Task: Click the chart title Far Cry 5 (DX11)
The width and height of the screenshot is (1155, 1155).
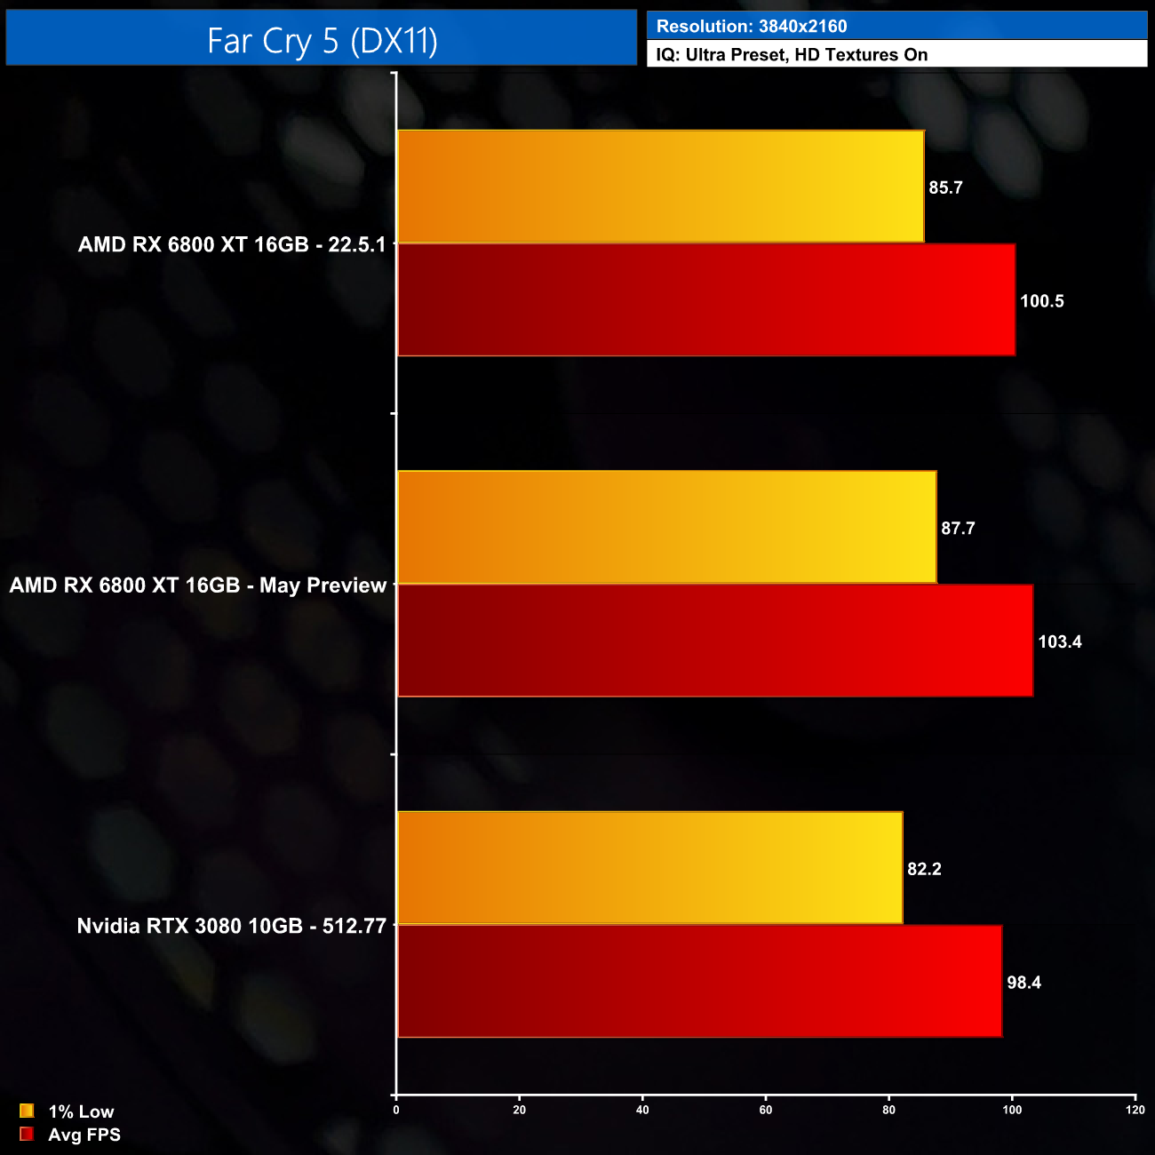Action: [322, 40]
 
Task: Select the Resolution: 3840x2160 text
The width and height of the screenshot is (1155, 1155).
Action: [752, 27]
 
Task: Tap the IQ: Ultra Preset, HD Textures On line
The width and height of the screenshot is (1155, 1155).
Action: [792, 55]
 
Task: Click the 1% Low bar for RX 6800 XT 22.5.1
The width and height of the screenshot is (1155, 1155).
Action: [660, 187]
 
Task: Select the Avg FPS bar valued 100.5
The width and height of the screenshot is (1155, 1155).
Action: [705, 300]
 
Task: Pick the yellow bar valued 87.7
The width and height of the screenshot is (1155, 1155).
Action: [666, 527]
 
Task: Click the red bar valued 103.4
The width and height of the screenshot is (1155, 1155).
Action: [714, 641]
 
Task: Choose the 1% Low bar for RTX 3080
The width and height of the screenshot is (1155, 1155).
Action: [649, 868]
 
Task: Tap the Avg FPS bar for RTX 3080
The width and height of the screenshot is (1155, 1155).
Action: [699, 981]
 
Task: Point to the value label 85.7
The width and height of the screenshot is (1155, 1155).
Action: [945, 187]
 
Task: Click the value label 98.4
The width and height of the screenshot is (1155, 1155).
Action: [1024, 983]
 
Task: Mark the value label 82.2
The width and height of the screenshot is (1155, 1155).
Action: [924, 869]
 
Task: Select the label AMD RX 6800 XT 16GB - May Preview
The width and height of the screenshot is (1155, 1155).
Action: [198, 585]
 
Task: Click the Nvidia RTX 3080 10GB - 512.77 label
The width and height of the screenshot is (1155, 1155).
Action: [232, 926]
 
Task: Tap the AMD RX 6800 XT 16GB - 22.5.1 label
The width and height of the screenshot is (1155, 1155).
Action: [232, 244]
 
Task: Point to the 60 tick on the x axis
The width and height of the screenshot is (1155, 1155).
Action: [766, 1110]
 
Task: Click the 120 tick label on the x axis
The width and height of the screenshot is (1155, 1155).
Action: [1135, 1110]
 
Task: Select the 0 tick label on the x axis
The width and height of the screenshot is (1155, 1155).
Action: [396, 1110]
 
